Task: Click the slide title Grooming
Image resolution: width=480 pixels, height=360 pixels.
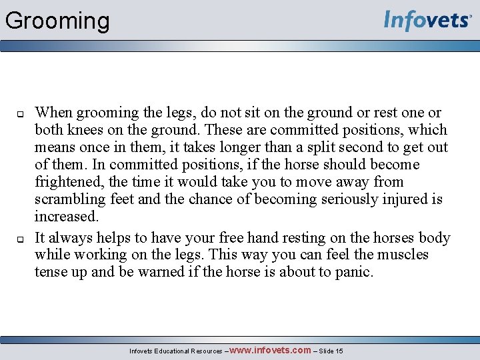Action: point(57,21)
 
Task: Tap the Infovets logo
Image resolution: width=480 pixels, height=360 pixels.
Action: point(427,21)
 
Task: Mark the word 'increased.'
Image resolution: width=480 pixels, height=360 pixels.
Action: point(67,217)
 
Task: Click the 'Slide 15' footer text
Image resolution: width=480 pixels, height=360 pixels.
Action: point(331,351)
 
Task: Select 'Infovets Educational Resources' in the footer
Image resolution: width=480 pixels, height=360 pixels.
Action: point(175,351)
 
